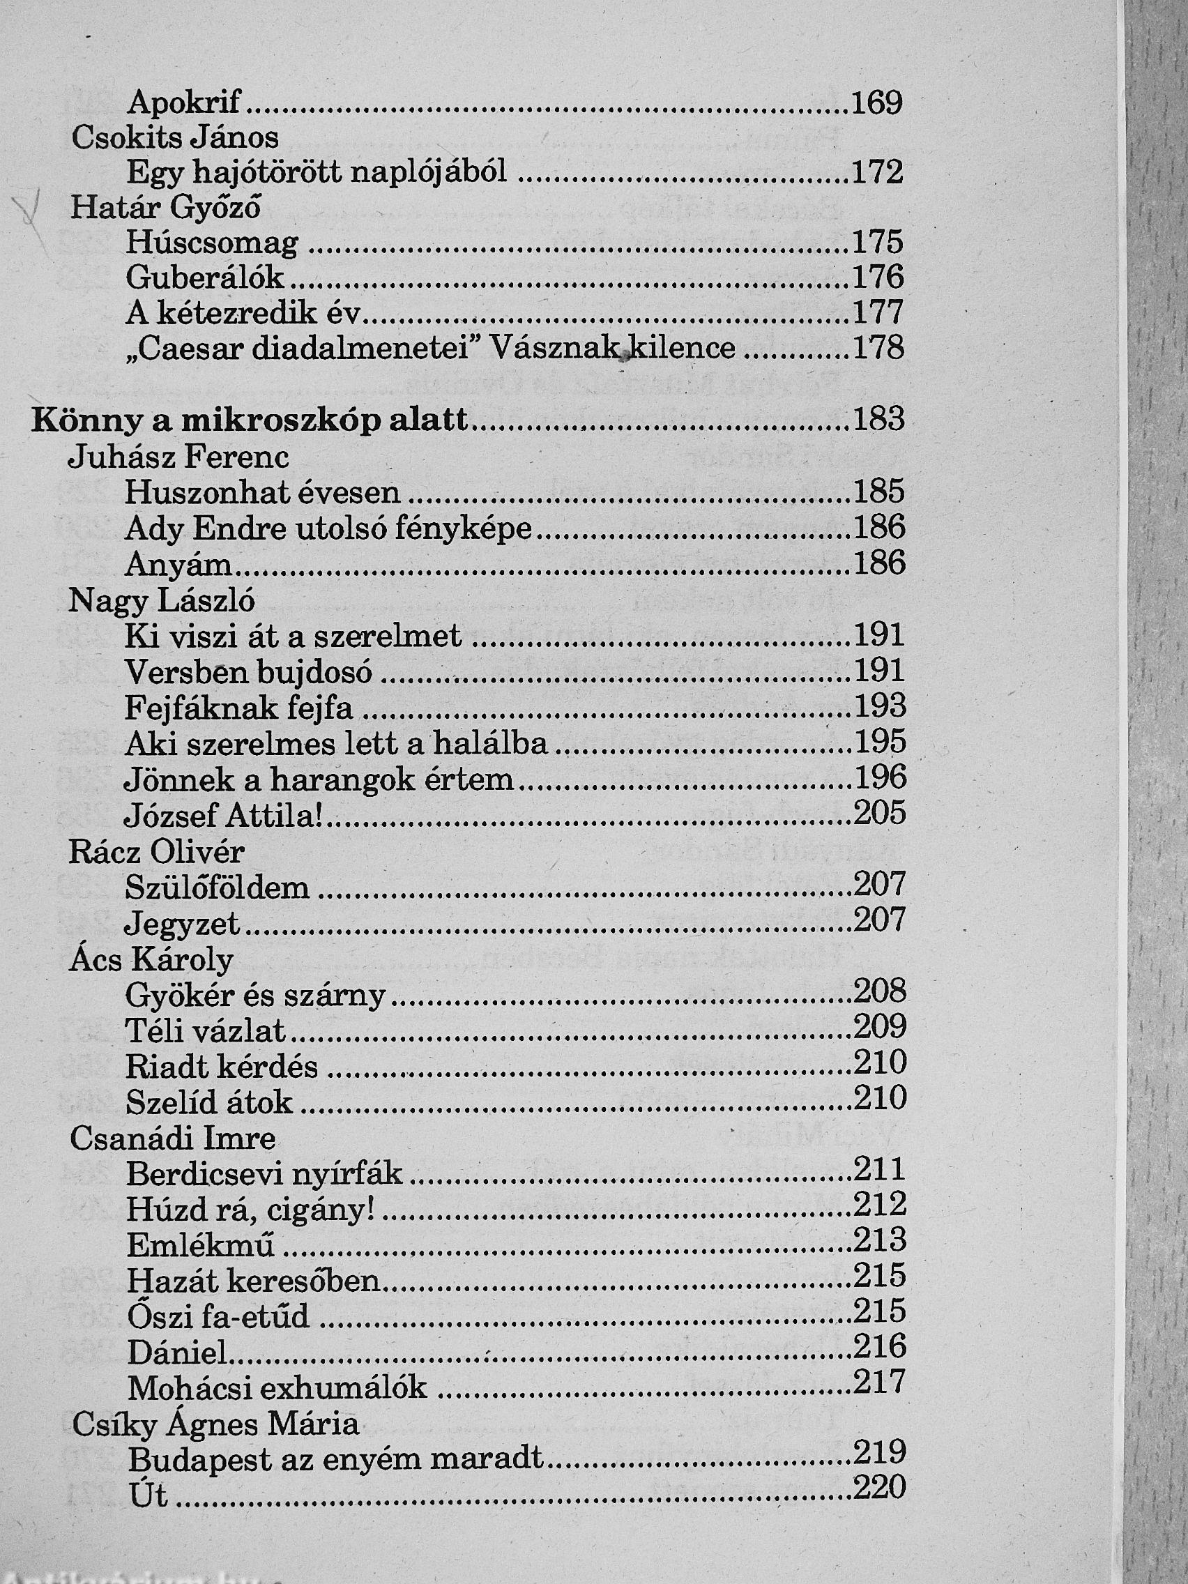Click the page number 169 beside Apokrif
click(x=876, y=104)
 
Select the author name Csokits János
click(x=175, y=137)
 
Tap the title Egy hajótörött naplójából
click(x=317, y=173)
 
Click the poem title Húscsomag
click(x=212, y=243)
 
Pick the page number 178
click(x=878, y=348)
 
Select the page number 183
click(x=878, y=419)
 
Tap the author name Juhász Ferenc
click(x=178, y=457)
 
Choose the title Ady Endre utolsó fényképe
click(x=328, y=528)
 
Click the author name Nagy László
click(x=161, y=600)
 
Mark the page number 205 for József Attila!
click(x=880, y=813)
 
